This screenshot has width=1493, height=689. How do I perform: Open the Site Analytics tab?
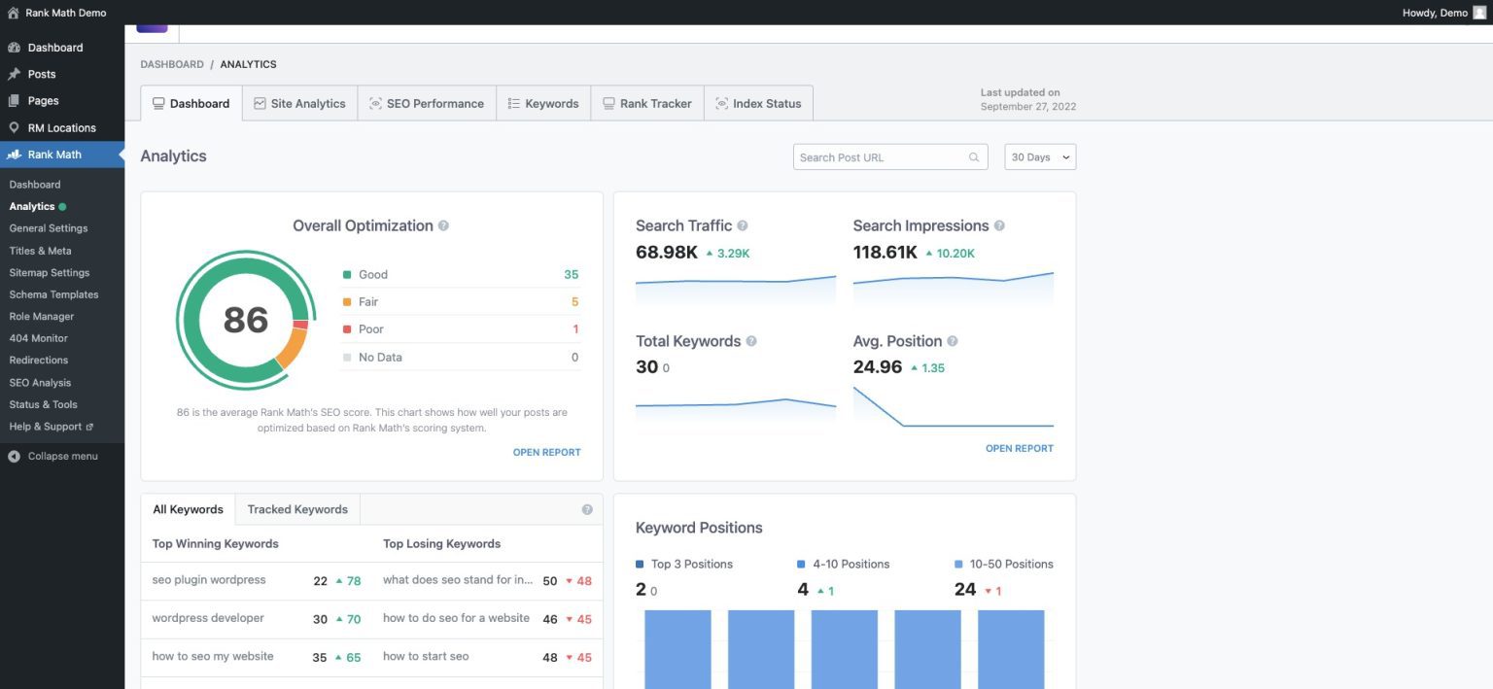(299, 104)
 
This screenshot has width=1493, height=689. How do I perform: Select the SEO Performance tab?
(427, 104)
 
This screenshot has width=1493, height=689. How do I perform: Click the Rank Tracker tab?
(646, 104)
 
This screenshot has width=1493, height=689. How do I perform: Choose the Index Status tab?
(758, 104)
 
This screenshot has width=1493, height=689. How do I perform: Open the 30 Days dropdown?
(1040, 157)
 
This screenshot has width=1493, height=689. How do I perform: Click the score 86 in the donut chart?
(245, 320)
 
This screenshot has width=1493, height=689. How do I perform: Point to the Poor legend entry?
(371, 329)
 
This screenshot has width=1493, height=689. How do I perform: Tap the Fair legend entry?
(368, 302)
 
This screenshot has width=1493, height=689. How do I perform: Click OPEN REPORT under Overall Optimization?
(546, 452)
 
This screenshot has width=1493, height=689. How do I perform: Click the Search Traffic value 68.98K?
(666, 253)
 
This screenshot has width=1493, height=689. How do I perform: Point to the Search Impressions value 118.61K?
(885, 253)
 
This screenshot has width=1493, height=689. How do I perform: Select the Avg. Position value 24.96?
(877, 367)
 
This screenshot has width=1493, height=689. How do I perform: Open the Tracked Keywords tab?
(297, 509)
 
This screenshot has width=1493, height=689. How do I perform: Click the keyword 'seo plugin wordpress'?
(209, 580)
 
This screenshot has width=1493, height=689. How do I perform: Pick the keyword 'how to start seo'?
(426, 657)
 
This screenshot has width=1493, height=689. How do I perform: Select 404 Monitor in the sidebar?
(38, 338)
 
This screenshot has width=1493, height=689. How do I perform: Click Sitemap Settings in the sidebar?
(50, 273)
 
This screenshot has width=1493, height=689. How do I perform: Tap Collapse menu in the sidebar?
(62, 457)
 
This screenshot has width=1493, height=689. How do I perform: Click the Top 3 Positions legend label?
(691, 565)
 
